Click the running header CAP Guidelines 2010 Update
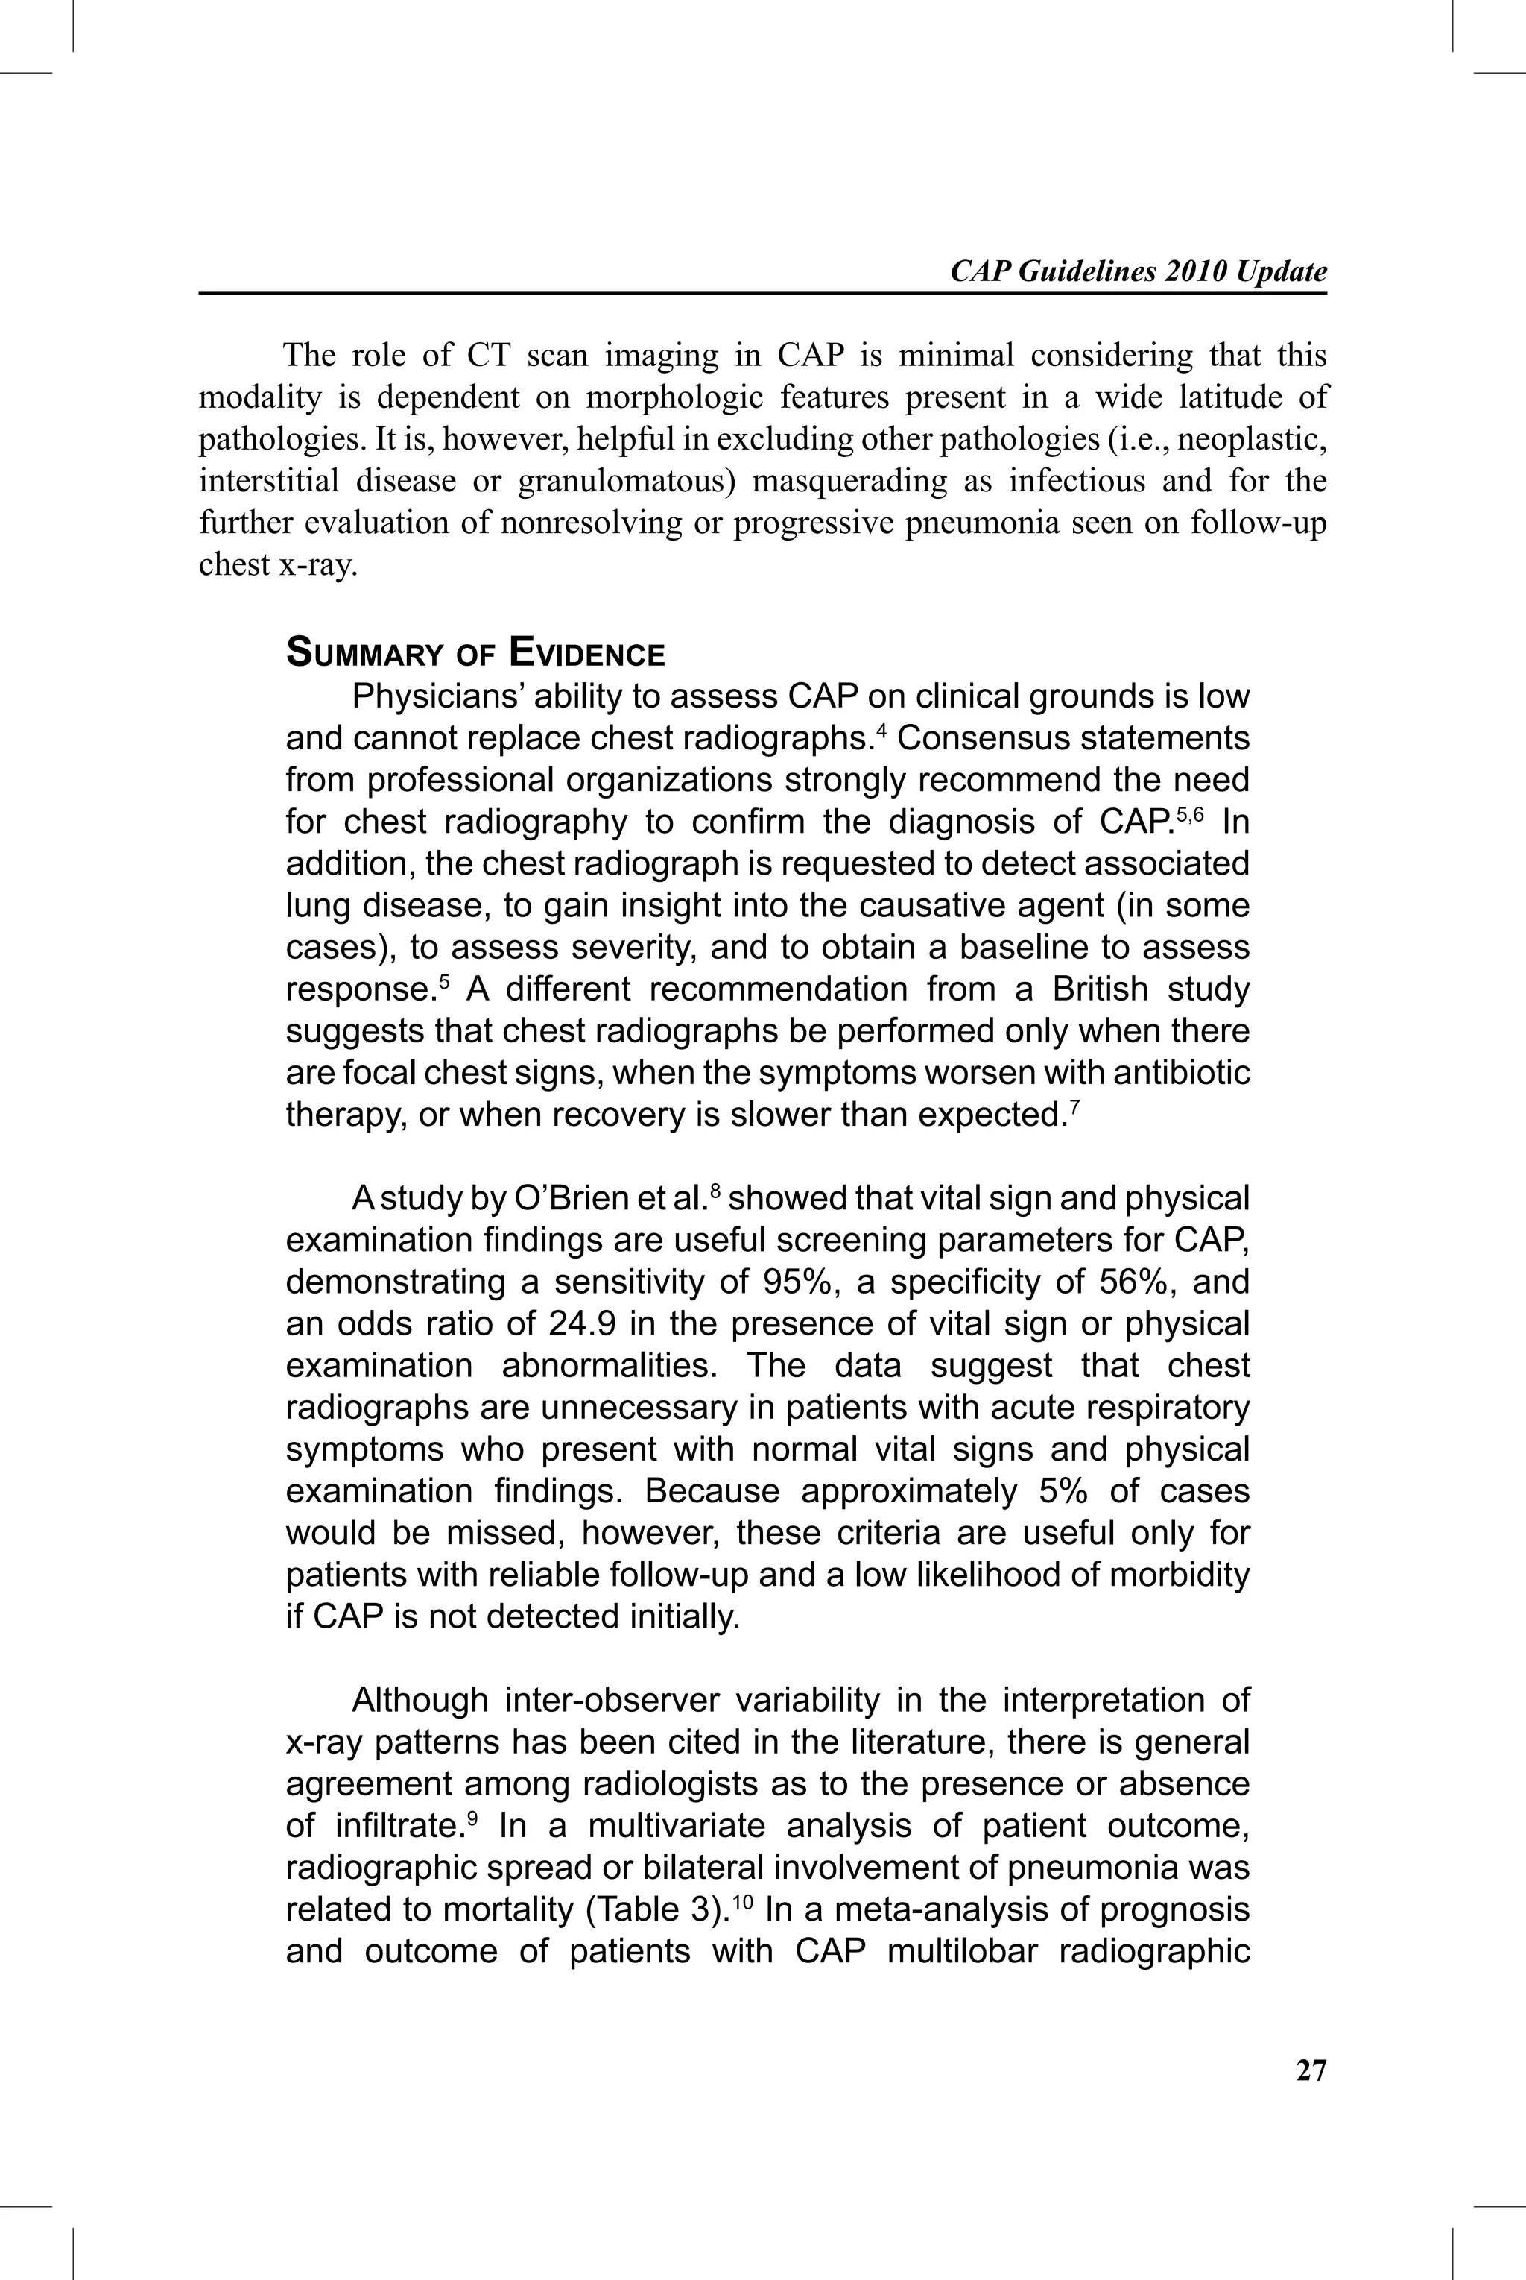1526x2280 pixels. [1138, 271]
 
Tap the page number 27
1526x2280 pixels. [1311, 2070]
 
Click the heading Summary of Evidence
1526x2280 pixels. [475, 652]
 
